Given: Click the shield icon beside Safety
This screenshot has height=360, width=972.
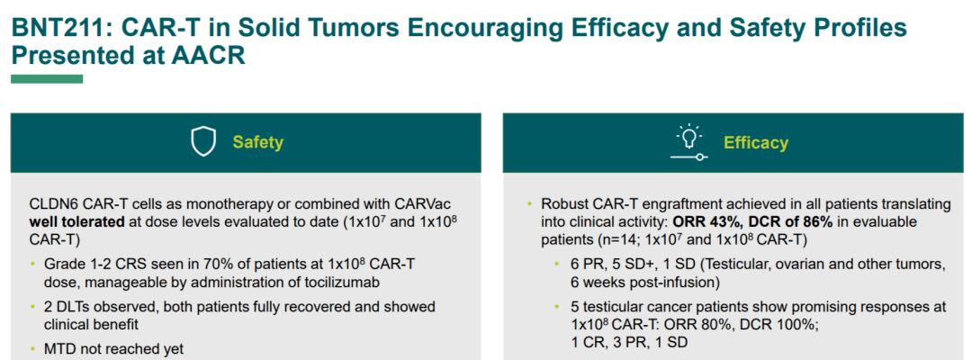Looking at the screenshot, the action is click(x=203, y=142).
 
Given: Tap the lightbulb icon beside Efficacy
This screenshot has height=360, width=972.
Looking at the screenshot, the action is click(x=688, y=142).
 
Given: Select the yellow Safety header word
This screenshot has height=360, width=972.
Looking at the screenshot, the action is click(x=258, y=142).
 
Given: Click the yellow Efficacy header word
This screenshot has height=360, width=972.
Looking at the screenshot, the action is click(x=756, y=143).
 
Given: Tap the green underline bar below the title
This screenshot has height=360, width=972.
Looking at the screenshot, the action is click(x=47, y=78).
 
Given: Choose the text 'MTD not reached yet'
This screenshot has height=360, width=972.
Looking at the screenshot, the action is click(x=113, y=349).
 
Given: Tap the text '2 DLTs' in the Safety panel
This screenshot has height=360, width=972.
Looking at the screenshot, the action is click(x=65, y=307).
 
